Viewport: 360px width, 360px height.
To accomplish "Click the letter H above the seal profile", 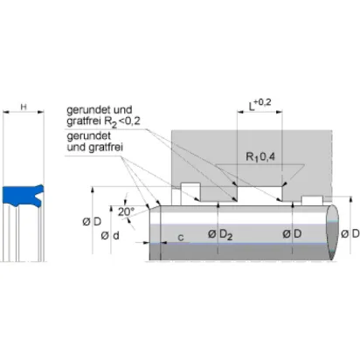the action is pos(24,107).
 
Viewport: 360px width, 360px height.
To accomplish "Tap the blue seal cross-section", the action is pos(22,196).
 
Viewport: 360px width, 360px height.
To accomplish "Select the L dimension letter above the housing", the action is pos(251,107).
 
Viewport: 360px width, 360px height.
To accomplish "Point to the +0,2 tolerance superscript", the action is pos(263,102).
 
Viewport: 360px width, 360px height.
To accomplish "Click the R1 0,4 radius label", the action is pos(260,157).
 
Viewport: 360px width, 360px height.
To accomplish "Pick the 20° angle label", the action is pos(126,211).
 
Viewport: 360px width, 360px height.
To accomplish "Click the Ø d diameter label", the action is pos(110,236).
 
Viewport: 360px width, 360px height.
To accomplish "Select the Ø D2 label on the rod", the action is pos(220,234).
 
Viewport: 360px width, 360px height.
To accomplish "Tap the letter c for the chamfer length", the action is pos(181,238).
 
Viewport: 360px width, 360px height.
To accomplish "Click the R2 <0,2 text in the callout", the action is pos(122,121).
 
